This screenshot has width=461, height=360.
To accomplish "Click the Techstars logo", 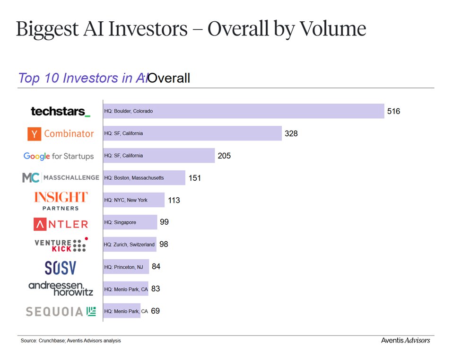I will [60, 112].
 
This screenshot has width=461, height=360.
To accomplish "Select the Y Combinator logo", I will [61, 134].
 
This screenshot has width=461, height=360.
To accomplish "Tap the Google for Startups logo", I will [59, 156].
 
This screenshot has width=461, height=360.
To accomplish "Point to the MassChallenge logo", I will [61, 178].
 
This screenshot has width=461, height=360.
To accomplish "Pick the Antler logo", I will [61, 223].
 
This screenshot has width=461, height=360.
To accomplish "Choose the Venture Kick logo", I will [61, 245].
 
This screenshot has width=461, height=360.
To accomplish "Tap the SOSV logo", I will [60, 268].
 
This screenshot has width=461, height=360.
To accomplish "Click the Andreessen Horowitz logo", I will [61, 289].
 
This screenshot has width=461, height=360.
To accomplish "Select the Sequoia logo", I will [61, 311].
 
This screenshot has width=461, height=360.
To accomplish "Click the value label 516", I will [393, 112].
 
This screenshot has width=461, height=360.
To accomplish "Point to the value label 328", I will [291, 134].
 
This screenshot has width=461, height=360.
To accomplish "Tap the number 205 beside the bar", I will [224, 156].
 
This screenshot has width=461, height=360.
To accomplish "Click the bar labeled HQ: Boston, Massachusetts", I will [144, 178].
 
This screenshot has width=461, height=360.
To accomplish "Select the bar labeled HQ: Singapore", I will [130, 222].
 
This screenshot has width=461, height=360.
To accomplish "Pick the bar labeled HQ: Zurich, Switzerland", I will [130, 245].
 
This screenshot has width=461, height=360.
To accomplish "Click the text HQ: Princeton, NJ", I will [123, 267].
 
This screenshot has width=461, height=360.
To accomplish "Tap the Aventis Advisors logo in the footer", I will [405, 340].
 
